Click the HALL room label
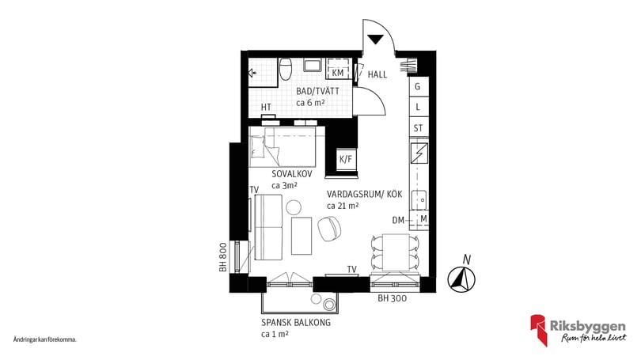(x=377, y=74)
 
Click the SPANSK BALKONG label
(x=295, y=323)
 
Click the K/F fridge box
(x=346, y=159)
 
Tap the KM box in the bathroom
(x=338, y=73)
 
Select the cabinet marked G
(x=418, y=86)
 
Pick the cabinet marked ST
(x=418, y=128)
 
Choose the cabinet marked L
(x=418, y=107)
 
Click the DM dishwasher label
(x=399, y=219)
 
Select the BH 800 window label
(x=224, y=258)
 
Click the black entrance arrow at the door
(x=376, y=37)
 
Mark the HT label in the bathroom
(x=267, y=108)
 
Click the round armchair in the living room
(x=328, y=230)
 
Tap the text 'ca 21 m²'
(x=343, y=206)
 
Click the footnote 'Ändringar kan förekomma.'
(x=45, y=339)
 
